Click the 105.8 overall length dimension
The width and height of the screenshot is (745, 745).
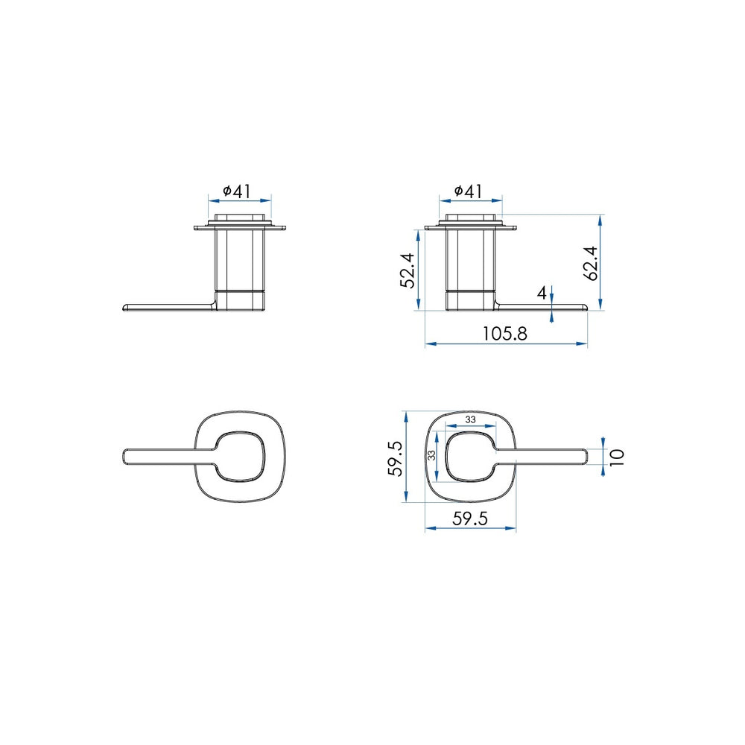pos(504,334)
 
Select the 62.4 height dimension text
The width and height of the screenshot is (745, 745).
pos(592,263)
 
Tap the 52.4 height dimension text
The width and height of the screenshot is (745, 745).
pos(408,270)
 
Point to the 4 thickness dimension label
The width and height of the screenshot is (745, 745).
pos(542,294)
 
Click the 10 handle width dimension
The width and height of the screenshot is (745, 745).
pos(616,457)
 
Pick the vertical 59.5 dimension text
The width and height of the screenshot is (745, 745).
pos(395,458)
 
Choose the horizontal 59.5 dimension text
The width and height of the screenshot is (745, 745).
pos(470,519)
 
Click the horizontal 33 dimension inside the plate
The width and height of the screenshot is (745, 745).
pos(470,419)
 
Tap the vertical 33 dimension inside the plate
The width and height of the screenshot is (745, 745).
pos(431,455)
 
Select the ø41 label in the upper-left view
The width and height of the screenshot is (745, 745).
pos(237,191)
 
